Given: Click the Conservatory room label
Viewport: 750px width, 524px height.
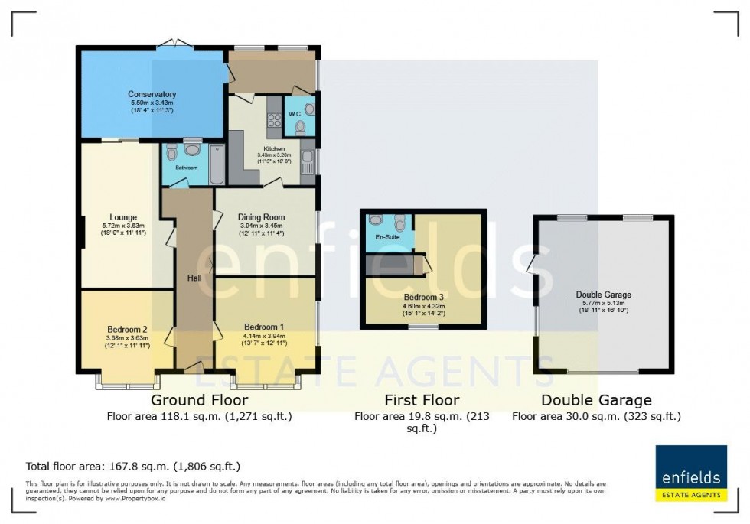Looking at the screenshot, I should (x=152, y=94).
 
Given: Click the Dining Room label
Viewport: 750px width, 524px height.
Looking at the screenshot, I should (x=262, y=217).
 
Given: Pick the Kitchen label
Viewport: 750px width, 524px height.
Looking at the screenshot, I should (x=274, y=148).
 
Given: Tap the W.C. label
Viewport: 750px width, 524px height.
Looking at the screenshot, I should (x=295, y=116).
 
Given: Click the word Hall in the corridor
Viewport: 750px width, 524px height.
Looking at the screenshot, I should (x=194, y=278).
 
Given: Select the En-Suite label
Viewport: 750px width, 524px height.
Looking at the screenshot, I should (x=389, y=237).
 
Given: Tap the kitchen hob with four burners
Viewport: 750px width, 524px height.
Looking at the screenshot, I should (x=273, y=119).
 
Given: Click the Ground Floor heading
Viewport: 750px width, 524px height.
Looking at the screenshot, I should (x=199, y=400).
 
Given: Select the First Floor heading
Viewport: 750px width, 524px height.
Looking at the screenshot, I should (x=422, y=400).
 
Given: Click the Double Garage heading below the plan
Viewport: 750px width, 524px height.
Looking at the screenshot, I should (x=596, y=400).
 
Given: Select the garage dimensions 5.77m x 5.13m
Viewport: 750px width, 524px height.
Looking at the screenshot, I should (x=604, y=302).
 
